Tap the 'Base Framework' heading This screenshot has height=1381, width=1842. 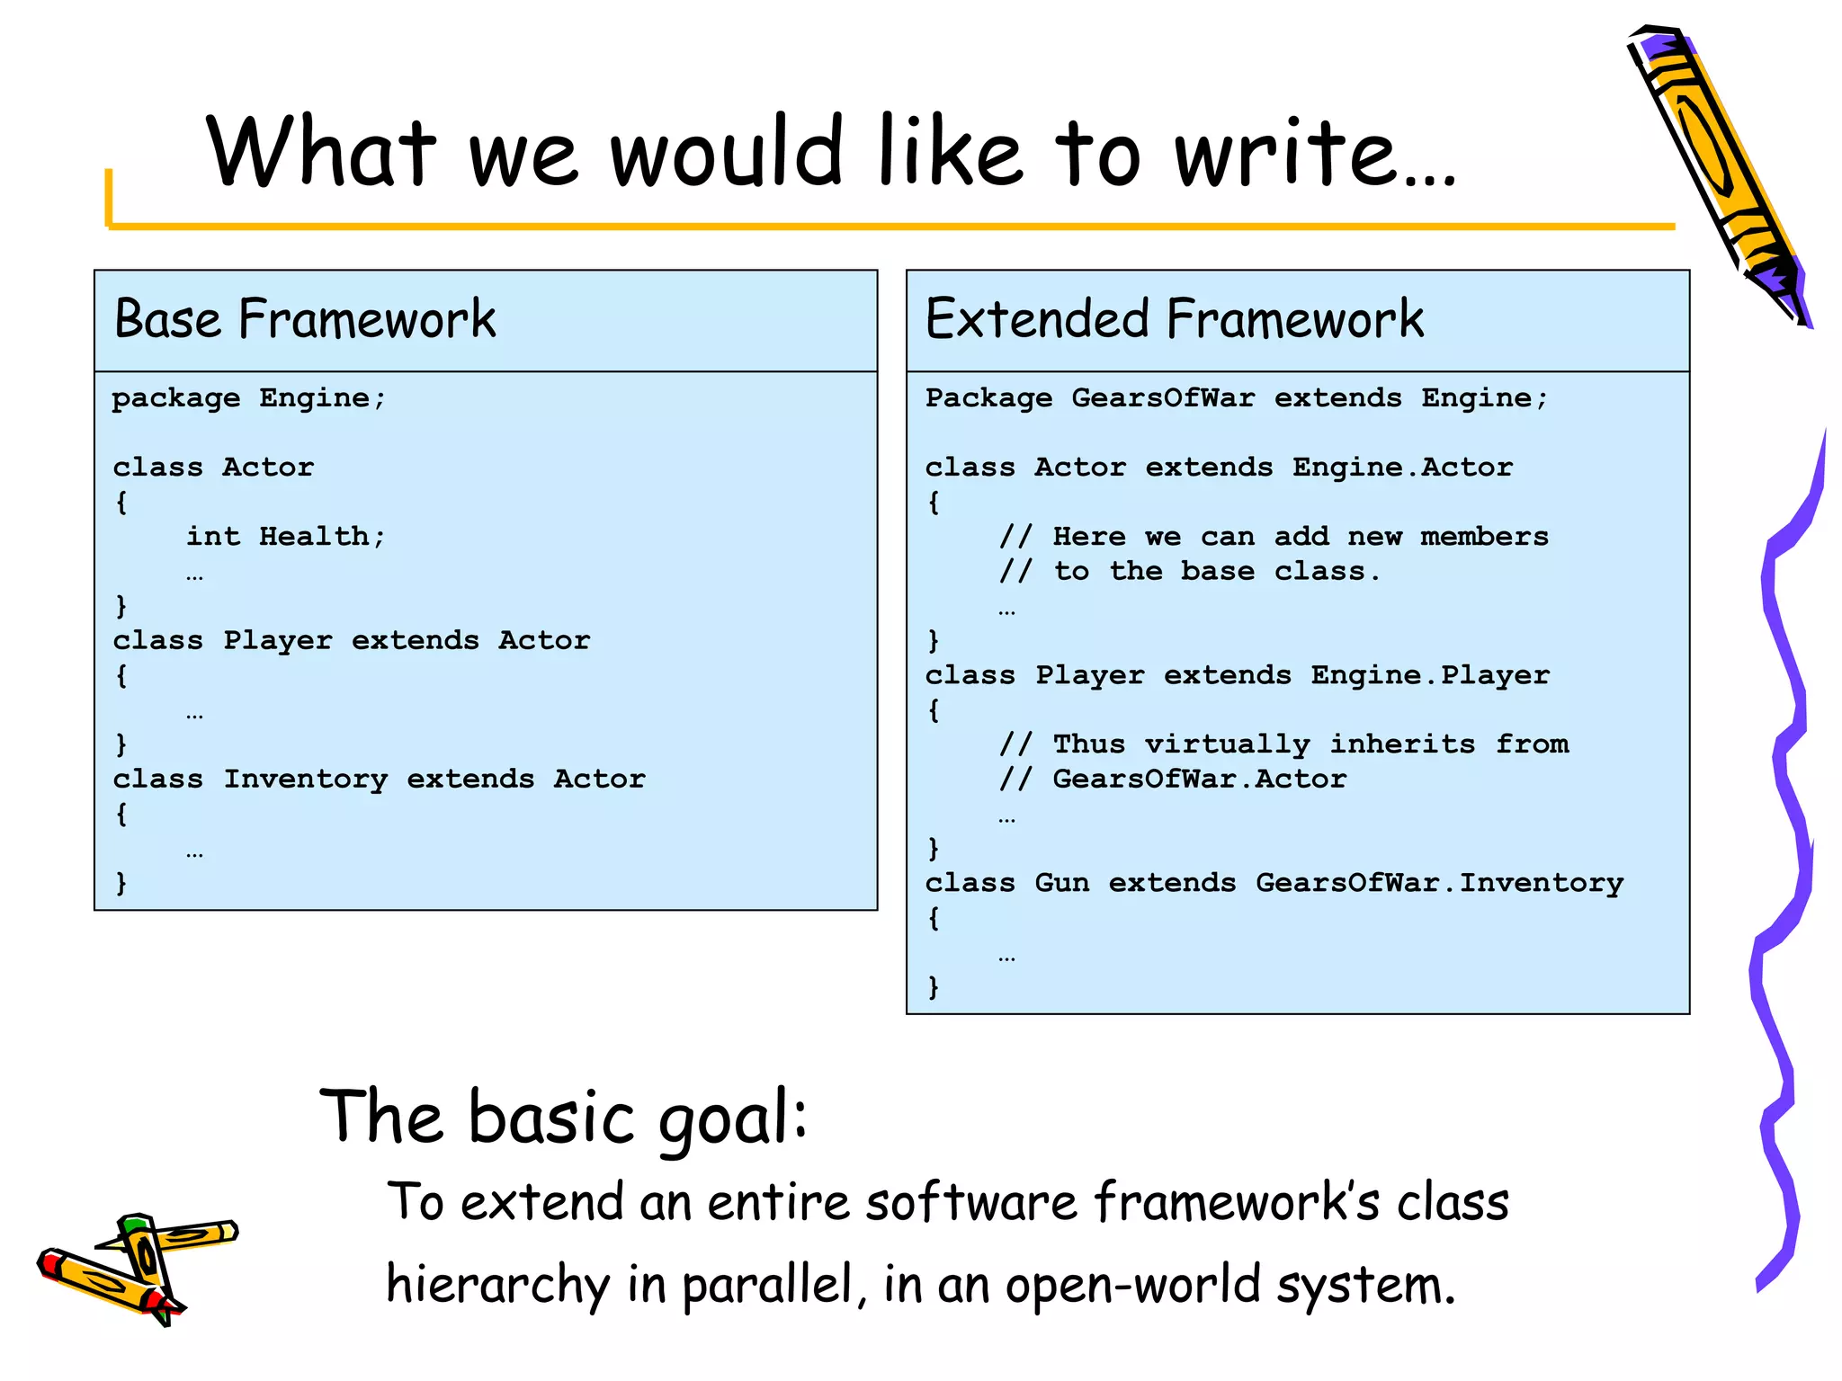click(305, 319)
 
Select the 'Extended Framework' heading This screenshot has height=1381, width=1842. click(1174, 319)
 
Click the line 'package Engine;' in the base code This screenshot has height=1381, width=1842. click(248, 398)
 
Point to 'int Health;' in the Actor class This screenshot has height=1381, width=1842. click(285, 537)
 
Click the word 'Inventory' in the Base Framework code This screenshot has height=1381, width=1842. click(305, 779)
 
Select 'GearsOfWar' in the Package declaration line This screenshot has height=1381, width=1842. click(1162, 398)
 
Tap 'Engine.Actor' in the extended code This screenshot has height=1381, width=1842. click(1402, 468)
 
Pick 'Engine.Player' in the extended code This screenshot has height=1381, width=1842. click(1429, 675)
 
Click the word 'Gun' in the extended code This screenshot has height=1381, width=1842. click(1061, 883)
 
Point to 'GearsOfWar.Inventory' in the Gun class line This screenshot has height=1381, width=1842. click(1439, 883)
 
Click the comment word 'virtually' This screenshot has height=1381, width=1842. click(1227, 744)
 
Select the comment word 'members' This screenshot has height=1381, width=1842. click(1484, 537)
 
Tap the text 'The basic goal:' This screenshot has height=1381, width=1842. click(564, 1118)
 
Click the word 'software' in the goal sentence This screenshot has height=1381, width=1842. click(970, 1203)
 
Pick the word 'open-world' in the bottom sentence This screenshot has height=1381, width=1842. click(1132, 1284)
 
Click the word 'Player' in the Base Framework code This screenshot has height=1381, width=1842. click(277, 641)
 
